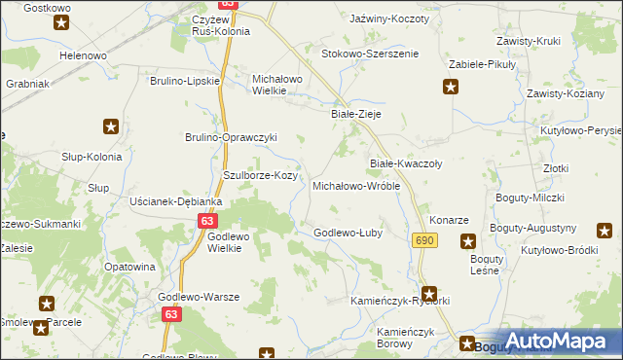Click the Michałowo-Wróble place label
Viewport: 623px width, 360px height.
point(355,185)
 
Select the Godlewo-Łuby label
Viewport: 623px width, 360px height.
point(348,233)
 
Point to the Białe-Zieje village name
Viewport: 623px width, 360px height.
point(355,114)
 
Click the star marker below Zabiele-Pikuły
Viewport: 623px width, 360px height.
point(451,88)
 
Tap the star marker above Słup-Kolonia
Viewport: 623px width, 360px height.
point(111,126)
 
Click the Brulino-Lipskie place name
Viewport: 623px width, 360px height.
point(186,81)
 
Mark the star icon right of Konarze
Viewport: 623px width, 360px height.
point(468,241)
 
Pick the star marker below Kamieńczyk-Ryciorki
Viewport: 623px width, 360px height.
point(429,292)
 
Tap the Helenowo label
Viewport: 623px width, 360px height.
point(84,55)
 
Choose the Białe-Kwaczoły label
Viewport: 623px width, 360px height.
point(406,163)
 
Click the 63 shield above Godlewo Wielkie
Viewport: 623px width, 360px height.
point(206,221)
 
